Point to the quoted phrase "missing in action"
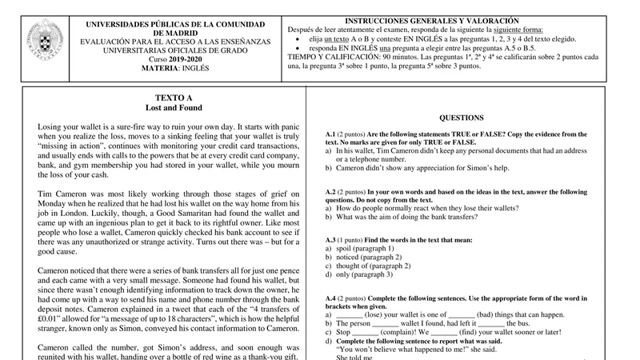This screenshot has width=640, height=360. pyautogui.click(x=73, y=148)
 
